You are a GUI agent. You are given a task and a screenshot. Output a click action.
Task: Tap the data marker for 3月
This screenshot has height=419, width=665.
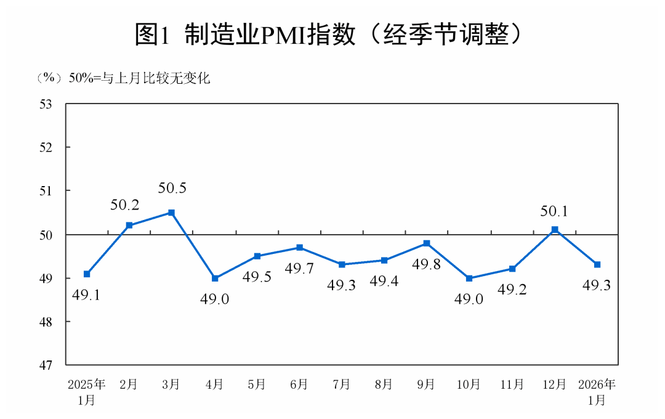point(172,213)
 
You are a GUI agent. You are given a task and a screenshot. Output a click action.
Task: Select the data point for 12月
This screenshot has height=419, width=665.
point(555,230)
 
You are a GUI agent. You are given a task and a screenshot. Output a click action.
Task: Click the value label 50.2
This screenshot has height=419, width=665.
point(125,205)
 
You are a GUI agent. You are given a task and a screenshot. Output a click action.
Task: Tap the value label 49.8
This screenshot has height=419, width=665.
point(426,264)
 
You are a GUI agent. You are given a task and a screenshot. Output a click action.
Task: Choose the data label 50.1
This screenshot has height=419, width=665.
point(554,211)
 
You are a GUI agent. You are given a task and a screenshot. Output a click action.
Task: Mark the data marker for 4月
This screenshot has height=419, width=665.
point(215,279)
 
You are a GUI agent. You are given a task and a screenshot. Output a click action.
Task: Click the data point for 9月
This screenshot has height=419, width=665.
point(427,243)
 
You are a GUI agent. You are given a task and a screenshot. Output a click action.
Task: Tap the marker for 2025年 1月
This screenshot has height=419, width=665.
point(87,274)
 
